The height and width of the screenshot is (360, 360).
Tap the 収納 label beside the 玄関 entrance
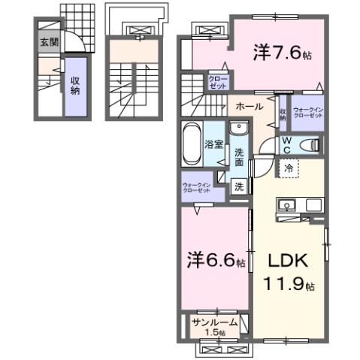click(x=76, y=86)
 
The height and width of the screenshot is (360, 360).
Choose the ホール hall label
click(x=249, y=107)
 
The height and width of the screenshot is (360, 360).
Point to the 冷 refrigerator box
click(x=288, y=168)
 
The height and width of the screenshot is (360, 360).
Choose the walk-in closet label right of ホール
click(x=307, y=113)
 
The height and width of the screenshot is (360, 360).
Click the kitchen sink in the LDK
click(x=288, y=204)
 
